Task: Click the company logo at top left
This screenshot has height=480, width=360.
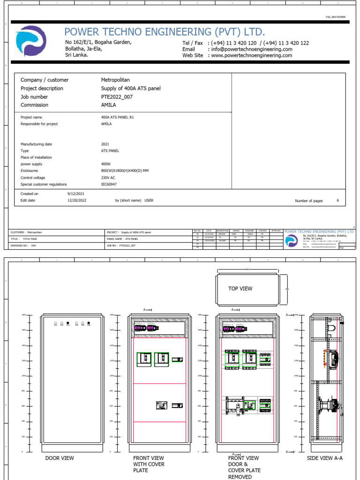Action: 31,41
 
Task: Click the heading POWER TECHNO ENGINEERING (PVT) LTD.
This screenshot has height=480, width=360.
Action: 165,32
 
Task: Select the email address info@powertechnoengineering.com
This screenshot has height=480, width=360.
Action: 252,49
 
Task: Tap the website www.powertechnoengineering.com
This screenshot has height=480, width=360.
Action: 252,55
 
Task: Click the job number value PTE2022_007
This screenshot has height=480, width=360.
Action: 117,97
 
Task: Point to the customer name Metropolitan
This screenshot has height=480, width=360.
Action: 115,80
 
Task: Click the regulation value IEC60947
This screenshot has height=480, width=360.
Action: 109,184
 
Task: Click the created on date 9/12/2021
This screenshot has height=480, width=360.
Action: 76,194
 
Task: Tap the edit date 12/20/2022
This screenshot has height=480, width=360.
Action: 77,200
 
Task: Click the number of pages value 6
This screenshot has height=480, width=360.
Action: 338,201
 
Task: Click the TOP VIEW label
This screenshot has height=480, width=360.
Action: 240,289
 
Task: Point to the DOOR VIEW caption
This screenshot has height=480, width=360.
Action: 60,458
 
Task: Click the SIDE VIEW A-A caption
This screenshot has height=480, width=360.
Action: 325,458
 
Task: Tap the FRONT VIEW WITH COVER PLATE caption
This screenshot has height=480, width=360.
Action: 149,464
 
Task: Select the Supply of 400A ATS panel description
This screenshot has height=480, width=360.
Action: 131,89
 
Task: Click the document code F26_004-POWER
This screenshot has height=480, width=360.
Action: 337,16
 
